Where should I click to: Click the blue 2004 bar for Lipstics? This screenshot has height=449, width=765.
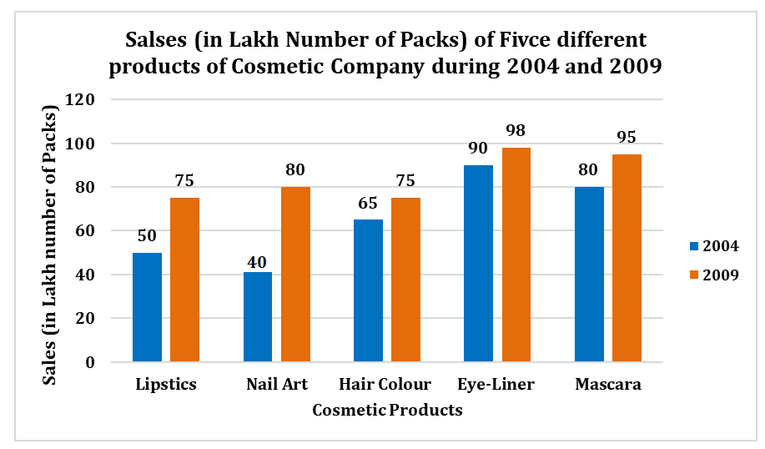click(x=147, y=307)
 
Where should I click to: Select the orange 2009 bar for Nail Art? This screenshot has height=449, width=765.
click(x=295, y=275)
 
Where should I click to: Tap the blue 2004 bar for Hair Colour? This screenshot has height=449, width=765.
click(x=368, y=290)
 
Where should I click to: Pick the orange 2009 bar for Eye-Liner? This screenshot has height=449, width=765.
click(x=516, y=255)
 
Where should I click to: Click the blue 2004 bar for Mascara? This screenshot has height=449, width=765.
click(x=589, y=275)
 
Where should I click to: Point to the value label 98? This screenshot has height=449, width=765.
click(x=516, y=133)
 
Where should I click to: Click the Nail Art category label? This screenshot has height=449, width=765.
click(x=277, y=385)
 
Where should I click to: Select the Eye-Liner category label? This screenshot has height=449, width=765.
click(x=496, y=385)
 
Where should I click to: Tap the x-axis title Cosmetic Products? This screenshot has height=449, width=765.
click(x=387, y=411)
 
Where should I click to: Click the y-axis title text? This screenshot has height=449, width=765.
click(x=52, y=245)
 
